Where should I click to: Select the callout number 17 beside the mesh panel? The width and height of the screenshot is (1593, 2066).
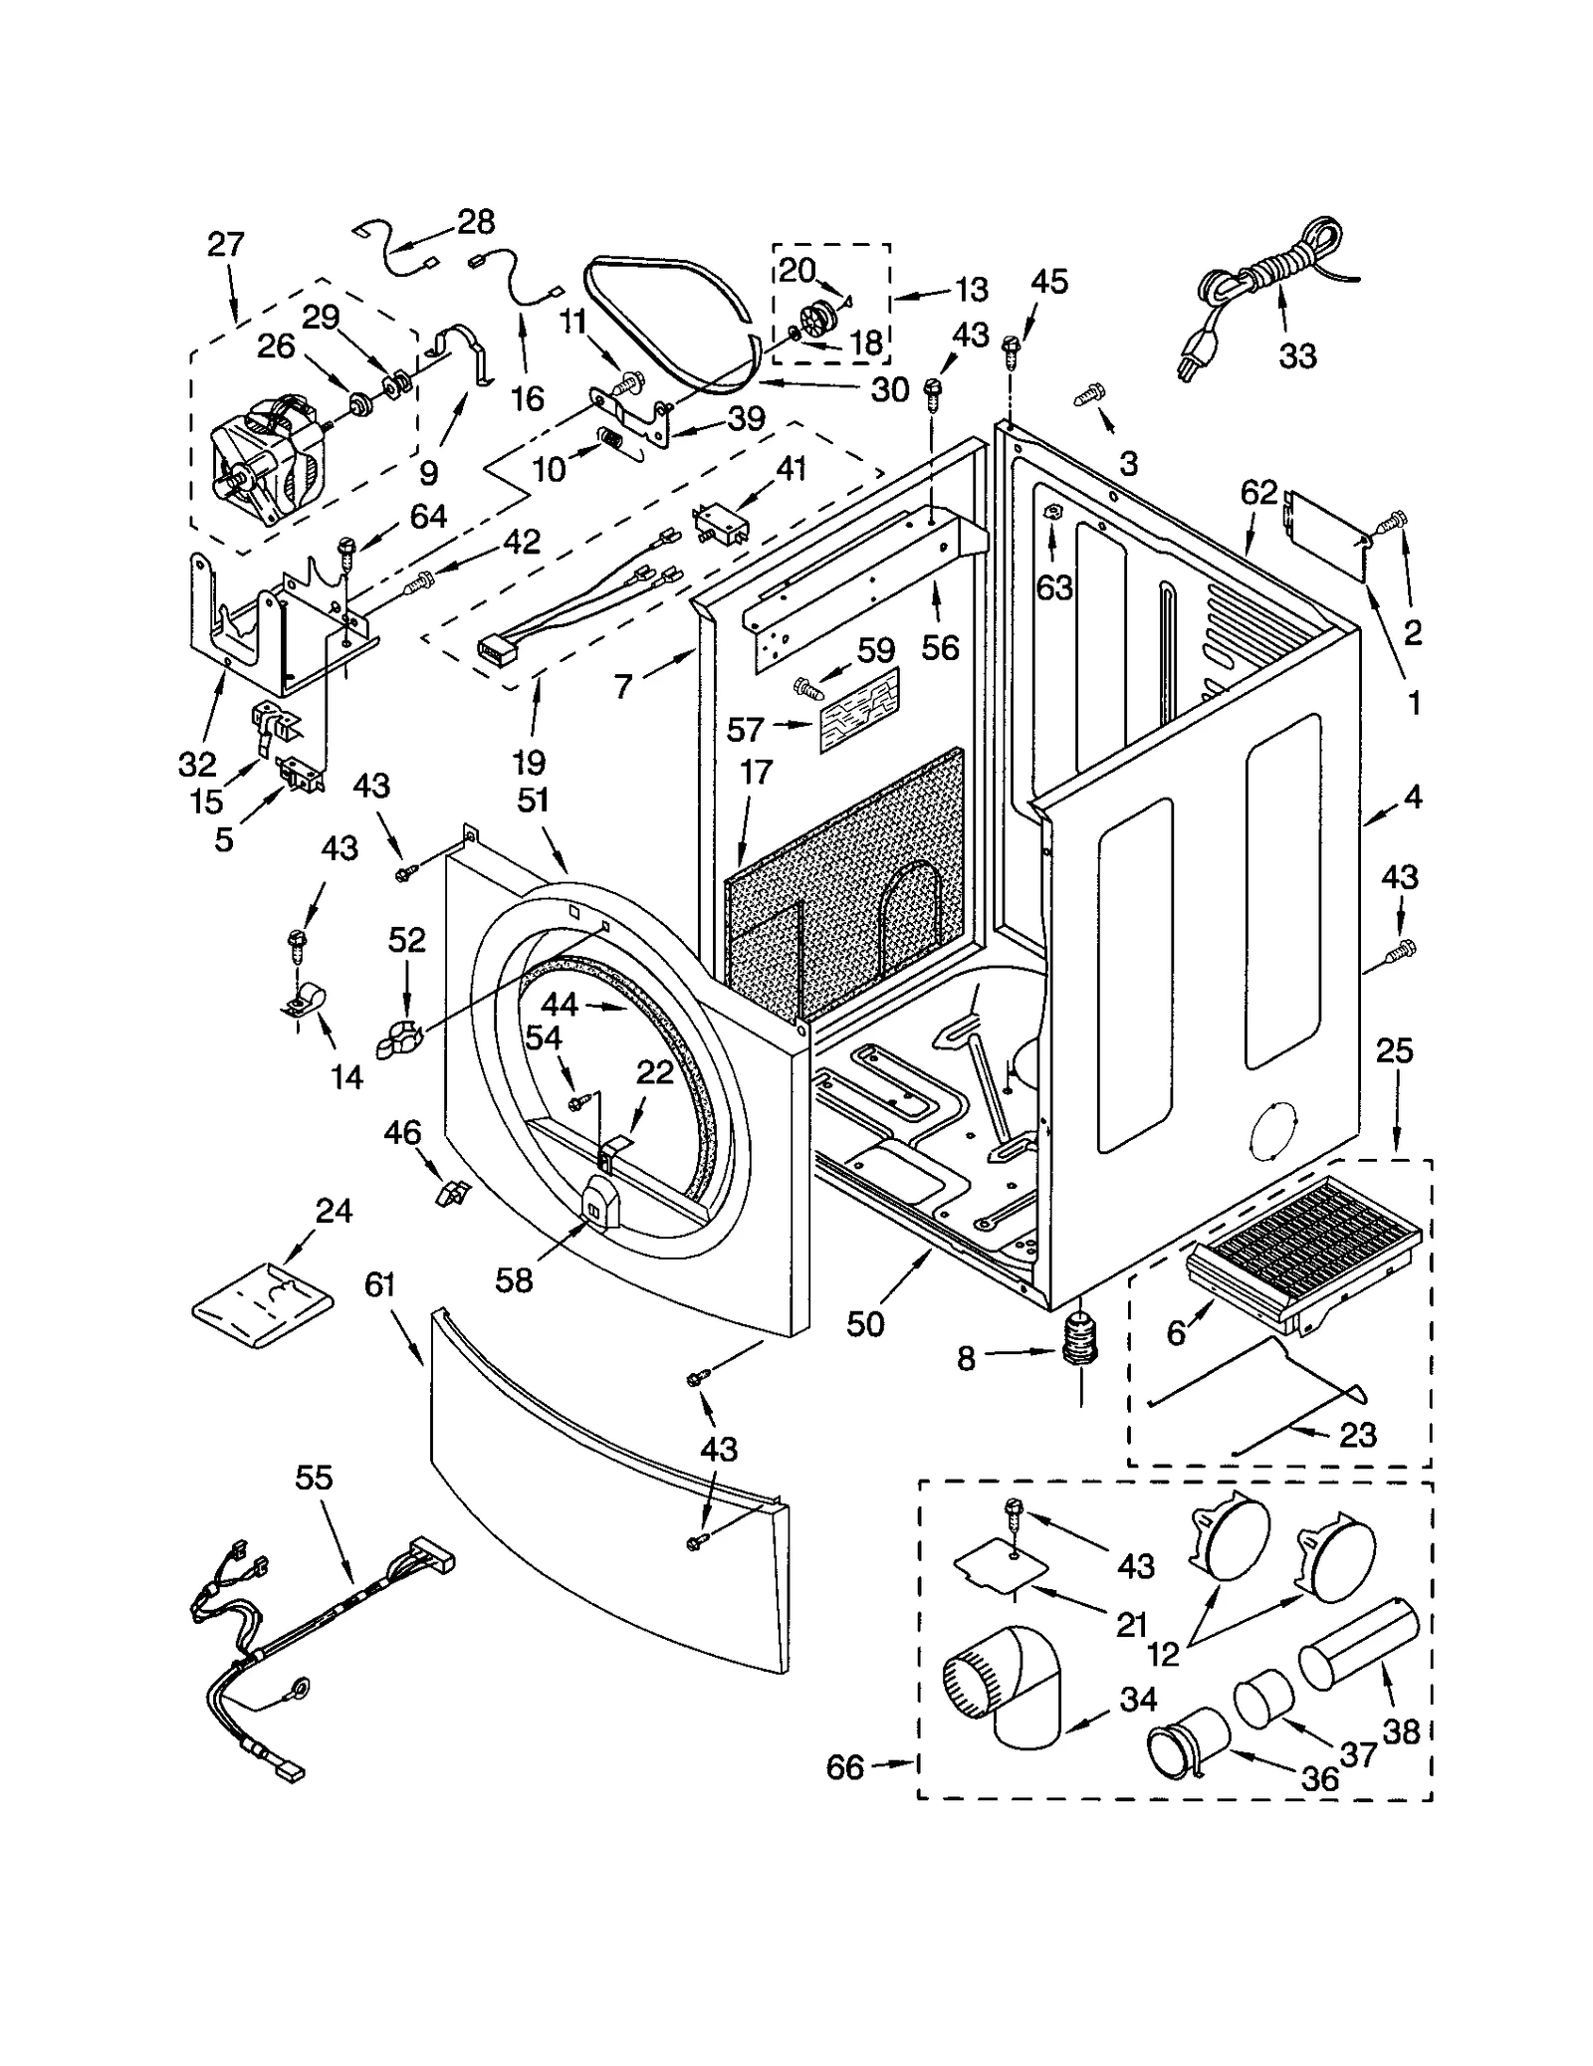coord(756,772)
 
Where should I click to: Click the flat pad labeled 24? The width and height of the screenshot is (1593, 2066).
coord(262,1303)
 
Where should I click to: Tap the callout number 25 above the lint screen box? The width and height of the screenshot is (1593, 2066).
coord(1394,1050)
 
